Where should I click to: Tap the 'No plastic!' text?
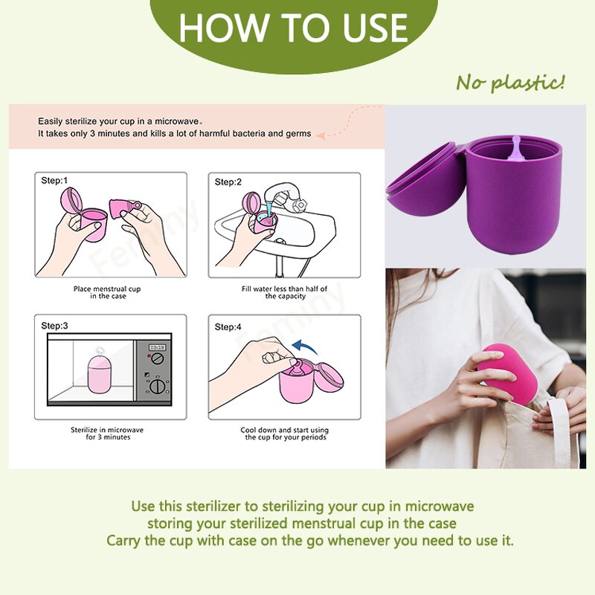click(510, 82)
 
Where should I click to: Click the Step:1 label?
click(54, 181)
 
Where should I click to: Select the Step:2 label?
click(228, 182)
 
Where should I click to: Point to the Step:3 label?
click(54, 326)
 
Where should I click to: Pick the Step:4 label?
click(228, 327)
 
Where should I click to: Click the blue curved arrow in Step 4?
click(304, 347)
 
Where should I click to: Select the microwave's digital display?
click(157, 347)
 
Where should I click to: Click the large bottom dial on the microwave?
click(158, 386)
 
